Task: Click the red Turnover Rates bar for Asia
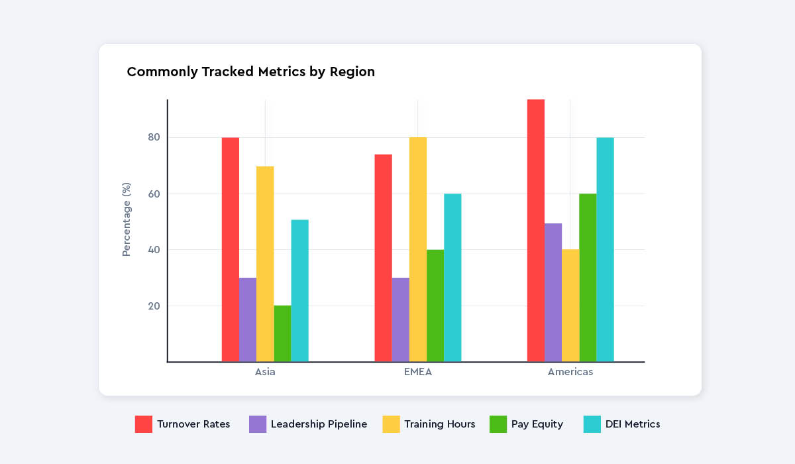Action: tap(231, 249)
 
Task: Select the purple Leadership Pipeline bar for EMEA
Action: tap(400, 319)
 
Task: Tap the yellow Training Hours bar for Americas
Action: tap(570, 306)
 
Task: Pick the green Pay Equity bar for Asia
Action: tap(282, 333)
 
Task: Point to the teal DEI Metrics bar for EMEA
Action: tap(452, 278)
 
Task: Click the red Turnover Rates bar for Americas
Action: tap(536, 231)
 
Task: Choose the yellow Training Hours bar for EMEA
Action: tap(418, 249)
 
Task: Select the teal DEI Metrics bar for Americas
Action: tap(605, 249)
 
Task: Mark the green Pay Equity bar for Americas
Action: tap(588, 278)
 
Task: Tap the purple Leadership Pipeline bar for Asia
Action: tap(248, 319)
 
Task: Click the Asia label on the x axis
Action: tap(265, 372)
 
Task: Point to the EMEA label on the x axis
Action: tap(417, 372)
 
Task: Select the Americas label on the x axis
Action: tap(570, 372)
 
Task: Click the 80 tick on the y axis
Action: tap(154, 137)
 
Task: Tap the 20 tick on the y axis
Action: tap(154, 306)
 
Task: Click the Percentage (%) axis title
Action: tap(127, 219)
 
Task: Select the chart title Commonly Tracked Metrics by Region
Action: tap(250, 72)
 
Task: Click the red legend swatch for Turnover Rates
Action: tap(144, 424)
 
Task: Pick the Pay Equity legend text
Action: tap(537, 424)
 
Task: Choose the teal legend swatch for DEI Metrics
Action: tap(592, 424)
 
